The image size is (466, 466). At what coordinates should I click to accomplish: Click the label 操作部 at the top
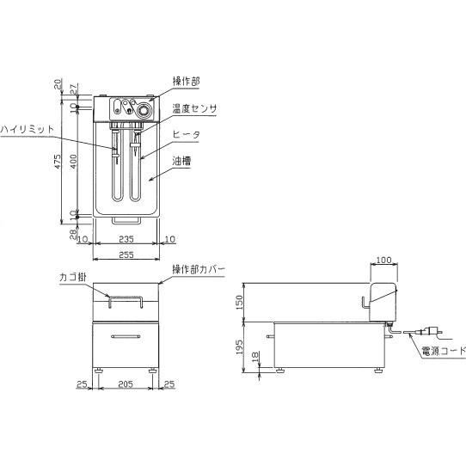[187, 81]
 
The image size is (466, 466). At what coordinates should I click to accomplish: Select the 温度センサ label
[194, 108]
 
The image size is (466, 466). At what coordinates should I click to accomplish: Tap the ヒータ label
[187, 135]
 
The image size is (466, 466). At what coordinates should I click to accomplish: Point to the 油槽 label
[181, 161]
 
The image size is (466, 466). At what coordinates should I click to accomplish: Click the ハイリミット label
[28, 129]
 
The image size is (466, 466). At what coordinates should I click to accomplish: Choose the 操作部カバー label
[199, 270]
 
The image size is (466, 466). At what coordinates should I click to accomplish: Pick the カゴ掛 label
[73, 277]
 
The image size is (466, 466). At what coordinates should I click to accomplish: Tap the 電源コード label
[444, 351]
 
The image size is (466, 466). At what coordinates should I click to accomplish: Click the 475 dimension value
[58, 161]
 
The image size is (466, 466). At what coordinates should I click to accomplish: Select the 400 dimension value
[73, 162]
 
